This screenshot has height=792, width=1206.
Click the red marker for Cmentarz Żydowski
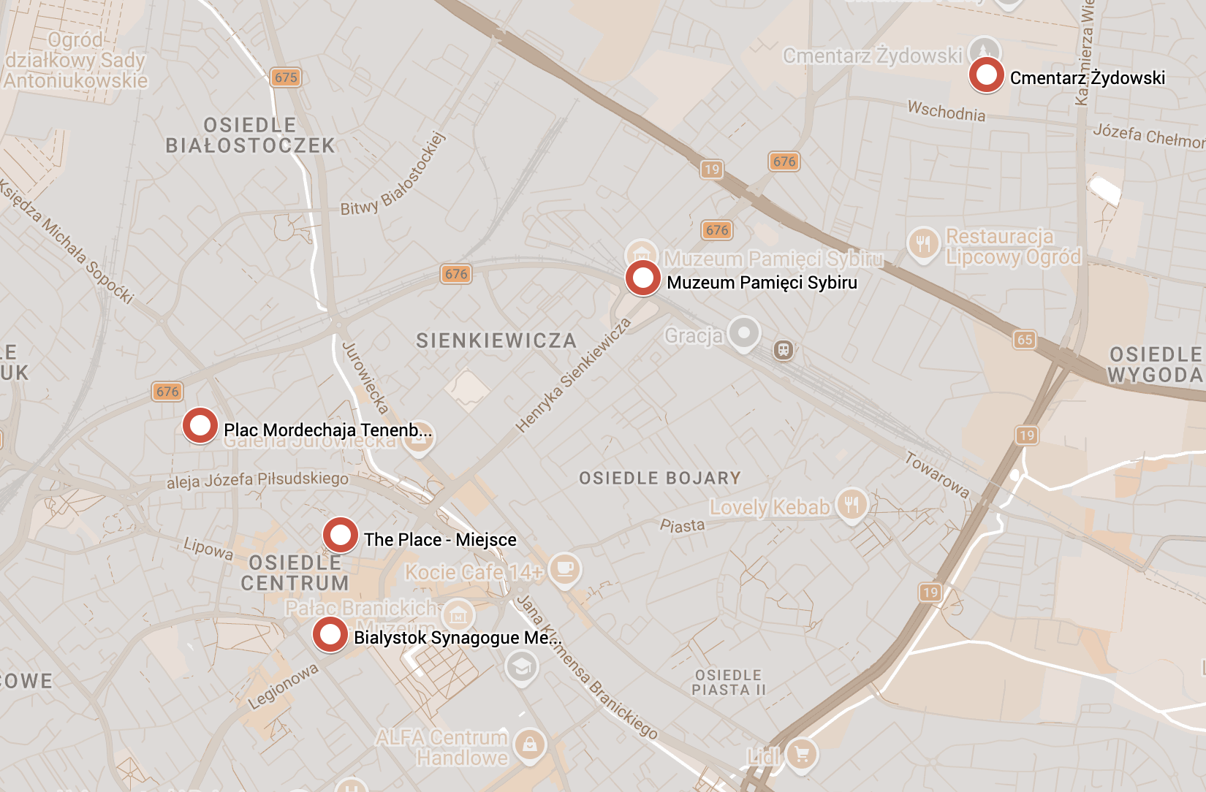[x=986, y=75]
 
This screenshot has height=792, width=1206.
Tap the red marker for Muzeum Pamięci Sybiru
[x=642, y=278]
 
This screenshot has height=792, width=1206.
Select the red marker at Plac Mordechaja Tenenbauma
[x=200, y=425]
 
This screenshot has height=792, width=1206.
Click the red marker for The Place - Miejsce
[x=340, y=535]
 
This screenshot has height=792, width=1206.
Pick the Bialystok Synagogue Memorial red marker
[x=330, y=634]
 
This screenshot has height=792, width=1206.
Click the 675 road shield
[x=286, y=77]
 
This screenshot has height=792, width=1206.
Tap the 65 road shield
[x=1025, y=339]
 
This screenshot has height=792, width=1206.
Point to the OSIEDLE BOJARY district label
[x=660, y=479]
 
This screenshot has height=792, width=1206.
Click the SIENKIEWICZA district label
[x=496, y=340]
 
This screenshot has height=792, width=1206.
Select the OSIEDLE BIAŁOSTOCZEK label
[x=250, y=136]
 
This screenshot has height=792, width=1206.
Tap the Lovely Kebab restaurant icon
[x=852, y=504]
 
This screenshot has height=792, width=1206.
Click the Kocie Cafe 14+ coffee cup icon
[x=564, y=568]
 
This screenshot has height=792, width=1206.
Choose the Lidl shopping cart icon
[x=802, y=754]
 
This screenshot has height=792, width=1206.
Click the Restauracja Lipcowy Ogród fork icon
[x=923, y=243]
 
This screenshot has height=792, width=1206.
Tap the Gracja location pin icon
[x=744, y=333]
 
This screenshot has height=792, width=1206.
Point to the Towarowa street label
[x=937, y=475]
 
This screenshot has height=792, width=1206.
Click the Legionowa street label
[x=284, y=686]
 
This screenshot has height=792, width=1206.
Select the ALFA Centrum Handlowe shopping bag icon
[x=529, y=745]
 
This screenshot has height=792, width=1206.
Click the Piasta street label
[x=682, y=525]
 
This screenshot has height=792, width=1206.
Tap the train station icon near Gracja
[x=784, y=350]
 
